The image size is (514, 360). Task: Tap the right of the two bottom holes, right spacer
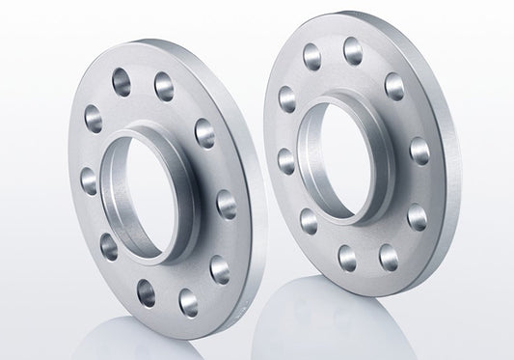pos(389,255)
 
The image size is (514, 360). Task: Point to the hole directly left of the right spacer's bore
pos(286,158)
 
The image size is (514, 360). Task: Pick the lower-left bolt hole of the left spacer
pos(107,247)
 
